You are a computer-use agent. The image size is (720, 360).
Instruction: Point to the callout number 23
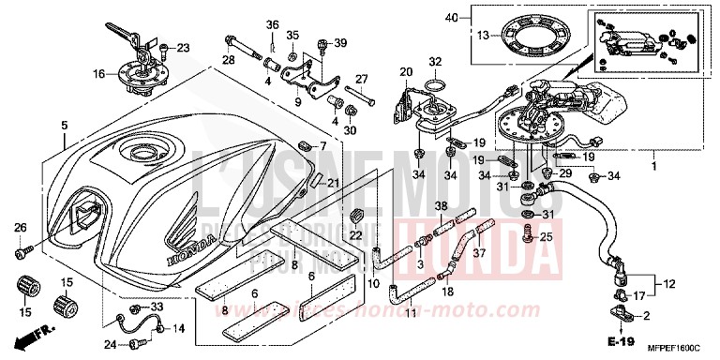pyautogui.click(x=182, y=47)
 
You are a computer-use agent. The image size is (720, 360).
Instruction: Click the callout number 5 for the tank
pyautogui.click(x=64, y=125)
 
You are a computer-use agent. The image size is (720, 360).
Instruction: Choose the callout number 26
pyautogui.click(x=20, y=228)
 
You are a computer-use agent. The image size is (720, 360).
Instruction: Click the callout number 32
pyautogui.click(x=434, y=63)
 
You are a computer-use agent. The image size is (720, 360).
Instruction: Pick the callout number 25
pyautogui.click(x=547, y=237)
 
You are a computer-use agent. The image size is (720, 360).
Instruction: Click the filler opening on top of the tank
pyautogui.click(x=145, y=155)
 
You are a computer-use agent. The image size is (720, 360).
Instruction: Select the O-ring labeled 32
pyautogui.click(x=434, y=88)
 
